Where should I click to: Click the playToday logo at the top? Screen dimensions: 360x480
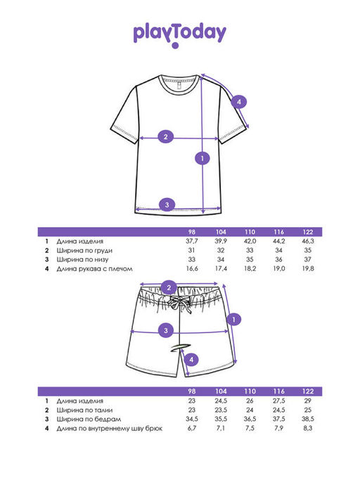point(179,36)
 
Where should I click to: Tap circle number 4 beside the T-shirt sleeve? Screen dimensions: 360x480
point(239,102)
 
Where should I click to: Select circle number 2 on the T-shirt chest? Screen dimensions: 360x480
point(166,136)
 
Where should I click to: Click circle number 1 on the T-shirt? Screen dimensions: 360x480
point(202,158)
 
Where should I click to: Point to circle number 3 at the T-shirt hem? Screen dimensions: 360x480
point(167,205)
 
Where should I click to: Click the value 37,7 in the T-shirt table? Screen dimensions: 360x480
point(192,241)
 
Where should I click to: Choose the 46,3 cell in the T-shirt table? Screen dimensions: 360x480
point(307,241)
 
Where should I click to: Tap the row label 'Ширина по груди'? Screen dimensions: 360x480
point(84,250)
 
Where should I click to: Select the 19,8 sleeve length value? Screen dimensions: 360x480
point(307,268)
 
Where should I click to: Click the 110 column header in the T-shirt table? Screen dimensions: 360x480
point(250,232)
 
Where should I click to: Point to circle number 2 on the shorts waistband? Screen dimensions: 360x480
point(169,287)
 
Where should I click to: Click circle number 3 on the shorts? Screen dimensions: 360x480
point(166,330)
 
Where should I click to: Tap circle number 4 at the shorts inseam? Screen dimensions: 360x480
point(191,359)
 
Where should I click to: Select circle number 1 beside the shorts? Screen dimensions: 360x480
point(233,320)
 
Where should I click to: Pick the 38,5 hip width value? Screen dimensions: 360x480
point(307,419)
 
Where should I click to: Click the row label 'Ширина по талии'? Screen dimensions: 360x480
point(84,410)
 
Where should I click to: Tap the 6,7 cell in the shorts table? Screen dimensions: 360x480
point(192,428)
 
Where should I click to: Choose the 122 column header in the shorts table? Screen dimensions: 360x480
point(307,391)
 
